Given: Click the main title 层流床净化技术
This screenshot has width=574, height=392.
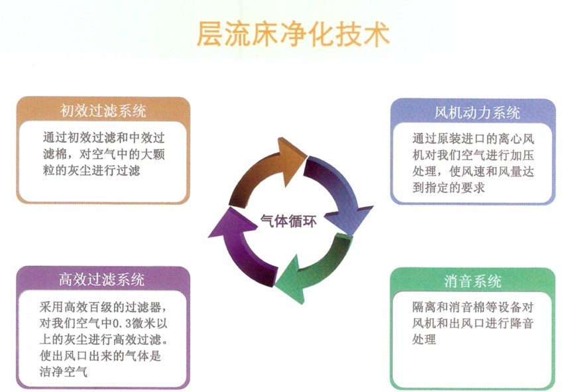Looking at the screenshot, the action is pyautogui.click(x=293, y=34).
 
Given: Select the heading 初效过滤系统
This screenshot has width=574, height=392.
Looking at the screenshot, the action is pyautogui.click(x=103, y=111).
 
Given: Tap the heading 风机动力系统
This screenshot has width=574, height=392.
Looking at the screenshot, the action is pyautogui.click(x=477, y=113).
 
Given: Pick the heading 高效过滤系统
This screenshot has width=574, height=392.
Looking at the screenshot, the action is pyautogui.click(x=102, y=279).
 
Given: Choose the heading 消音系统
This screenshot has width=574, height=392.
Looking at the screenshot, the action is pyautogui.click(x=473, y=281).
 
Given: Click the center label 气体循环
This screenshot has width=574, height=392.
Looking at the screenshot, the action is pyautogui.click(x=288, y=222).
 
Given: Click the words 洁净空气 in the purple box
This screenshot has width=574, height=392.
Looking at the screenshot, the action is pyautogui.click(x=64, y=372).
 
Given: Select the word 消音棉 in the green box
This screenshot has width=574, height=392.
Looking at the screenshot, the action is pyautogui.click(x=455, y=307).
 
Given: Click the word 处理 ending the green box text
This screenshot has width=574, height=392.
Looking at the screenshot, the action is pyautogui.click(x=424, y=339).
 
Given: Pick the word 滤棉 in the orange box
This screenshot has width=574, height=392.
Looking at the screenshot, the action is pyautogui.click(x=55, y=155).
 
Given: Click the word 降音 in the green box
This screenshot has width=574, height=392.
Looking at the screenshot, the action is pyautogui.click(x=522, y=323).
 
